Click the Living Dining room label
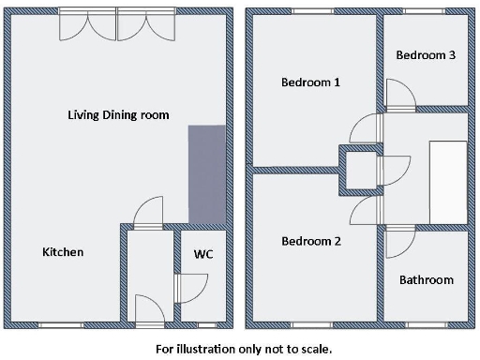pos(118,115)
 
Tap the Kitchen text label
pos(63,253)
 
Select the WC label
pos(203,254)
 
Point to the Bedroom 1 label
pos(310,82)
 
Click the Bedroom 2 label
pos(310,242)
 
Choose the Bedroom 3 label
pos(426,55)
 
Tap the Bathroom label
pos(426,280)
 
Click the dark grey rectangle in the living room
pos(207,173)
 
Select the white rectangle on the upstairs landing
pos(448,183)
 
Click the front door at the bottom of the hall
pos(150,310)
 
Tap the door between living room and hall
pos(148,214)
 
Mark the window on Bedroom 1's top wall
pos(310,11)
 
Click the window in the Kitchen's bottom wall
pos(60,324)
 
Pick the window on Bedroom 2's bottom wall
pos(310,324)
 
